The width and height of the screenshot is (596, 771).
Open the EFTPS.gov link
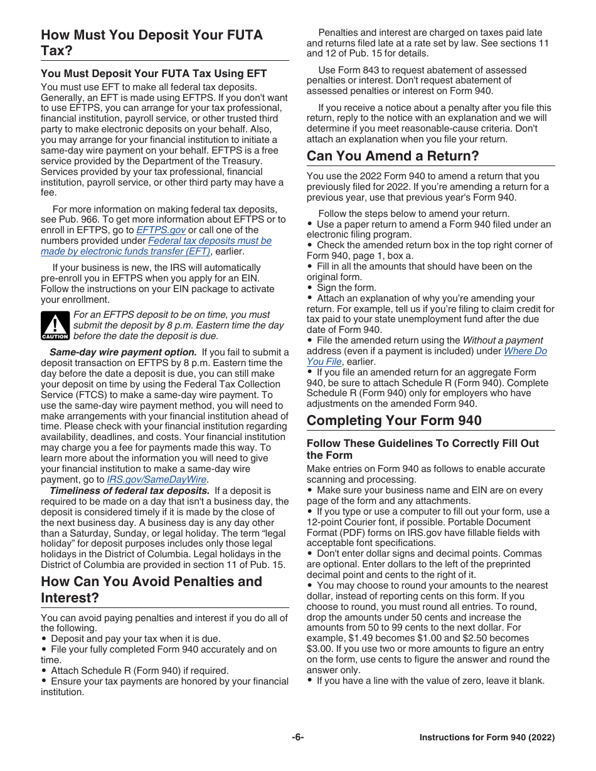coord(161,230)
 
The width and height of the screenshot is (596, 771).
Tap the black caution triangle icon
coord(55,325)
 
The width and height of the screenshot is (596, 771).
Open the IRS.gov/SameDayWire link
coord(157,480)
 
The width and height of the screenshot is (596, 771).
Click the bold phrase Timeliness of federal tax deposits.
coord(129,491)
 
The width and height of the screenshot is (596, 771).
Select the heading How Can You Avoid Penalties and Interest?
coord(151,589)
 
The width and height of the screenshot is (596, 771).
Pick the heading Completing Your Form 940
coord(394,420)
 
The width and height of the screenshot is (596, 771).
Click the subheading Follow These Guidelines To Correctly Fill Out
coord(422,443)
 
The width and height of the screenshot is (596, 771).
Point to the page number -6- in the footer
coord(297,738)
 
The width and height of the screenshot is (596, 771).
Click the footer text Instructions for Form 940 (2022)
coord(487,738)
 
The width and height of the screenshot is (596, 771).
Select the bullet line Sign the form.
coord(346,288)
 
